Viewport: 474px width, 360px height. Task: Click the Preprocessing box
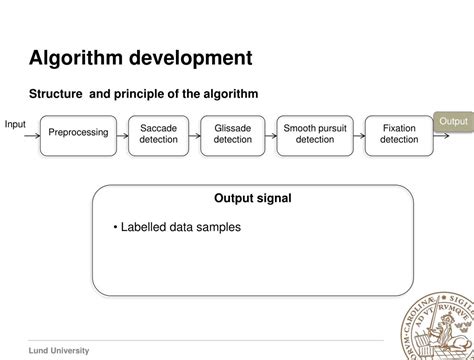(78, 133)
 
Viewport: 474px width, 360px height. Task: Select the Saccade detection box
(158, 133)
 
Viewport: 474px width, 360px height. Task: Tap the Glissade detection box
(233, 133)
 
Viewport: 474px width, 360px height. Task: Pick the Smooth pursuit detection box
(314, 133)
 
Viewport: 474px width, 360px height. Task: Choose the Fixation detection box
(399, 133)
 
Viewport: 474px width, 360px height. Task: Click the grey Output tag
(453, 122)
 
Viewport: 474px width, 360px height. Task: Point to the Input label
(15, 124)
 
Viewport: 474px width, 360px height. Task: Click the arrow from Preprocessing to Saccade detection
(123, 133)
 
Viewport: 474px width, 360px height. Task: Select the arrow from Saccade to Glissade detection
(195, 133)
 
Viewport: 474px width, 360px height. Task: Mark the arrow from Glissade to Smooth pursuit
(271, 133)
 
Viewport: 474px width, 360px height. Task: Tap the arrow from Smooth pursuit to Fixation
(358, 133)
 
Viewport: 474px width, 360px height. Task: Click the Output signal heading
(253, 198)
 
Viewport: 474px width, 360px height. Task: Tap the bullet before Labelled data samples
(116, 227)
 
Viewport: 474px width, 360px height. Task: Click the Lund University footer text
(59, 350)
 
